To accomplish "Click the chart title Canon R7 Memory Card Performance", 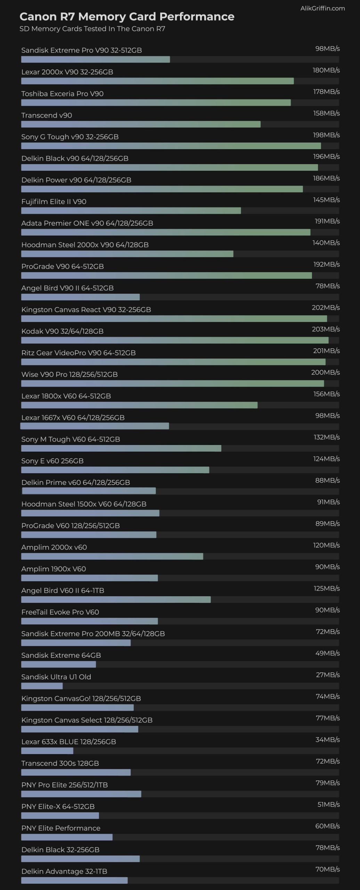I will (127, 16).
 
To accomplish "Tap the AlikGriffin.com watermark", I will (322, 8).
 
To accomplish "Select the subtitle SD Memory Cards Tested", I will (92, 29).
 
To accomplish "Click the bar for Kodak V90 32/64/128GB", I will (175, 340).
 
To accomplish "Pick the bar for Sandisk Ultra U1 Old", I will (42, 686).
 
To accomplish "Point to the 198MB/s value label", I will (326, 135).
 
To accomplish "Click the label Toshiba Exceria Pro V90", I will (63, 94).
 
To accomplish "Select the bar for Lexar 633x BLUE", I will (47, 751).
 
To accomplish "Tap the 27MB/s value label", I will (327, 675).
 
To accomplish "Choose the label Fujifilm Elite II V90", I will (54, 202).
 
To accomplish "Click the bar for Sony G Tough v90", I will (171, 146).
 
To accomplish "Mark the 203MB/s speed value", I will (326, 329).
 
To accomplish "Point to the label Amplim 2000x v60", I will (54, 547).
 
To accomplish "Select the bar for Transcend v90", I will (141, 124).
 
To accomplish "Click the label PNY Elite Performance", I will (61, 828).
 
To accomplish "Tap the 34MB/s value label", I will (327, 739).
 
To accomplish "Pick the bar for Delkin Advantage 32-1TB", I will (74, 880).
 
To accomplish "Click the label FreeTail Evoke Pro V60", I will (60, 612).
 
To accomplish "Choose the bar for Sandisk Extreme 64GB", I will (58, 664).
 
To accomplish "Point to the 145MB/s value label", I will (326, 200).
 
